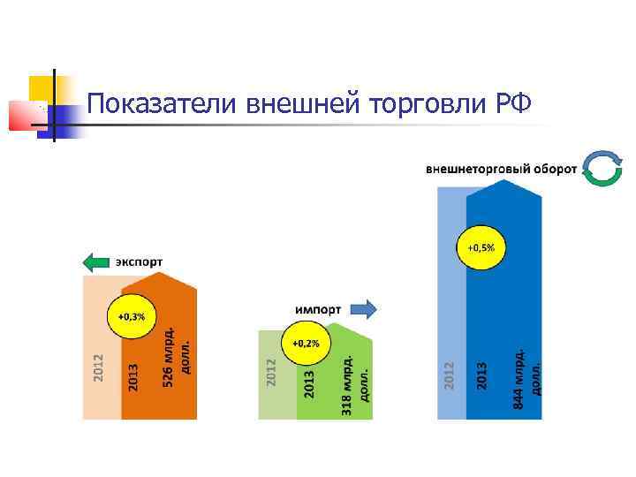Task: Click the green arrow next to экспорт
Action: (96, 261)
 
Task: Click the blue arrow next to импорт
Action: (363, 309)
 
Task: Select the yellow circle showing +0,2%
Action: (306, 342)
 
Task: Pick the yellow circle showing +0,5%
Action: (481, 248)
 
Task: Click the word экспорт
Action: (139, 261)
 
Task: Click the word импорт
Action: (319, 309)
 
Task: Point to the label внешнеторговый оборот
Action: (502, 168)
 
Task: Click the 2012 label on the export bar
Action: (99, 368)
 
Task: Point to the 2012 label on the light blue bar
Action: (449, 375)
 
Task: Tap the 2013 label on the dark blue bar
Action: (482, 375)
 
